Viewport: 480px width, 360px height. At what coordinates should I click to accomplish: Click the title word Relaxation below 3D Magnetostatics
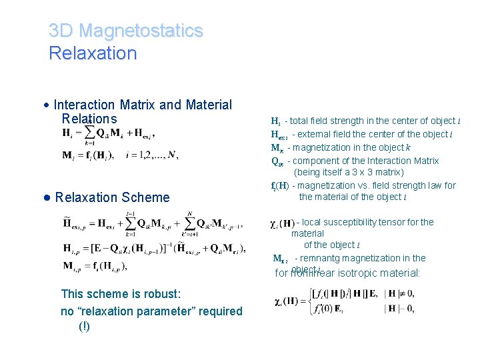[x=93, y=53]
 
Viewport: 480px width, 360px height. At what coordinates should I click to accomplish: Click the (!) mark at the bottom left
[x=85, y=326]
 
